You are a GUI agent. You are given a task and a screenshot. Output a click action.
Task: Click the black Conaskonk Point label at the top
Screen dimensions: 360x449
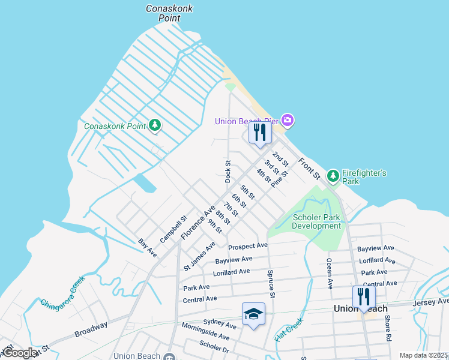[163, 13]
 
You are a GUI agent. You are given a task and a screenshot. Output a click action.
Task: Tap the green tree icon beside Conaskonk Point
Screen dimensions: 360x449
[155, 125]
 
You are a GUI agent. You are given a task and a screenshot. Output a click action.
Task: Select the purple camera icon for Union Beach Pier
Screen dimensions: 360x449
[288, 121]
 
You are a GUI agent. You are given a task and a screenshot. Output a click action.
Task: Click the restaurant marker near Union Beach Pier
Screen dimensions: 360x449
[260, 133]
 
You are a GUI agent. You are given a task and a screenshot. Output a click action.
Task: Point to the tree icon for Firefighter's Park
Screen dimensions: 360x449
[333, 176]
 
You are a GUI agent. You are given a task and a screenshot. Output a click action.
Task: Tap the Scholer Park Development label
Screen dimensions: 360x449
[316, 222]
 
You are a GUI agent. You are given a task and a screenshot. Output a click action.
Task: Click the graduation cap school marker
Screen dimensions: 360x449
[253, 314]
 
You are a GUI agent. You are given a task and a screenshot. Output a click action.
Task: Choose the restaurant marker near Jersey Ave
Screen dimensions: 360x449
[364, 297]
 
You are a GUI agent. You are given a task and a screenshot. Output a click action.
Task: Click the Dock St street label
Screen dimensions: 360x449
[228, 171]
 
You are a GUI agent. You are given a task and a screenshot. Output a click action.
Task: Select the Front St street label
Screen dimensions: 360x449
[310, 169]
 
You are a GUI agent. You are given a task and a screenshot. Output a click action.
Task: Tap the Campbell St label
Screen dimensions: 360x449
[174, 229]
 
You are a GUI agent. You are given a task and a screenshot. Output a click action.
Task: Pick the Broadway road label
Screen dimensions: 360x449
[91, 329]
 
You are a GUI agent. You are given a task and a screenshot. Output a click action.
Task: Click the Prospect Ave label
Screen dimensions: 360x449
[247, 246]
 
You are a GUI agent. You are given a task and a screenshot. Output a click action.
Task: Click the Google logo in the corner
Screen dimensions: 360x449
[19, 353]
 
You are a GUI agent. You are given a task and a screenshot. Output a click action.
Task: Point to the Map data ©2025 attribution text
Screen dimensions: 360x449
[423, 355]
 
